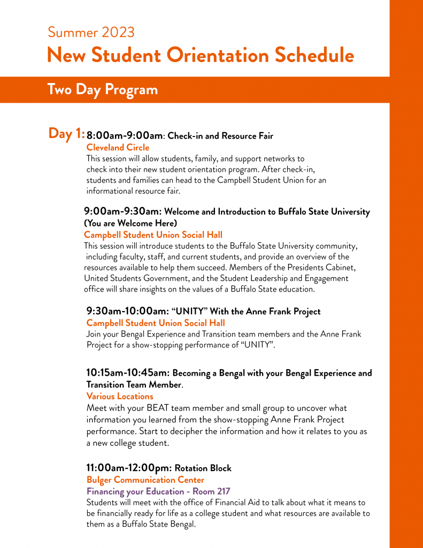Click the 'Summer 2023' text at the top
coord(91,32)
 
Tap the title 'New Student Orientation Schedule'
coord(200,55)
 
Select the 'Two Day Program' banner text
coord(102,89)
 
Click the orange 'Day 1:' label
coord(66,133)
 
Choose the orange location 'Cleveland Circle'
coord(118,147)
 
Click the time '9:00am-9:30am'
coord(122,211)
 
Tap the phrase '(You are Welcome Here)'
coord(130,223)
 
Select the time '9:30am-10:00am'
coord(127,311)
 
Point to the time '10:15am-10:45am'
coord(128,372)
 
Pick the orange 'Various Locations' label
coord(120,396)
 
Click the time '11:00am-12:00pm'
coord(129,468)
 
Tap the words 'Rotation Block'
coord(203,468)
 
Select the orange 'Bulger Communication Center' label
coord(145,480)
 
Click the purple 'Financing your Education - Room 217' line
coord(158,491)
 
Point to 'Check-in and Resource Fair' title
coord(220,136)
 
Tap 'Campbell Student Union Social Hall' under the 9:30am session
coord(155,323)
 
